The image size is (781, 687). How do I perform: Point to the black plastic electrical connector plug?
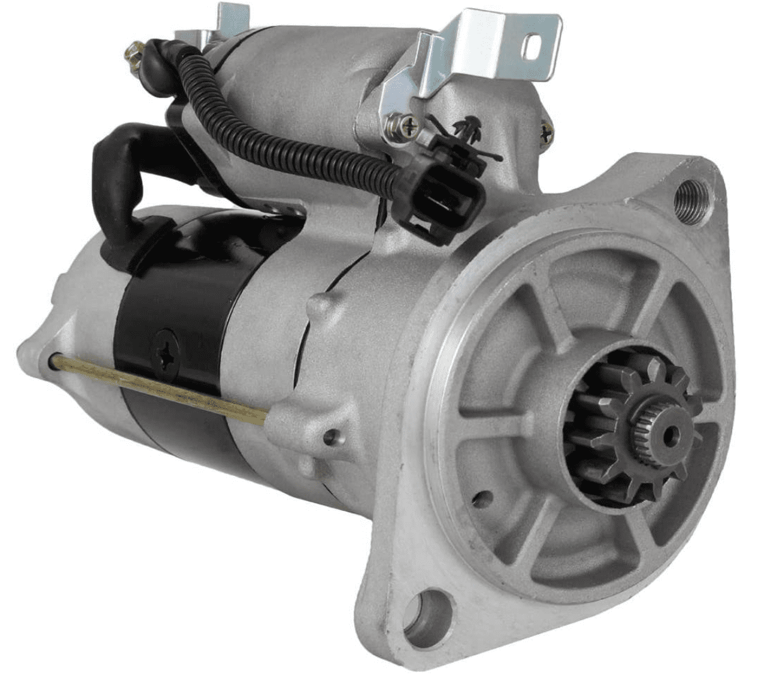click(x=442, y=199)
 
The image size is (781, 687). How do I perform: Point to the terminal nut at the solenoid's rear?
click(x=136, y=49)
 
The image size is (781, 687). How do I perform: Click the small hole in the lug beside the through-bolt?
click(x=329, y=436)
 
